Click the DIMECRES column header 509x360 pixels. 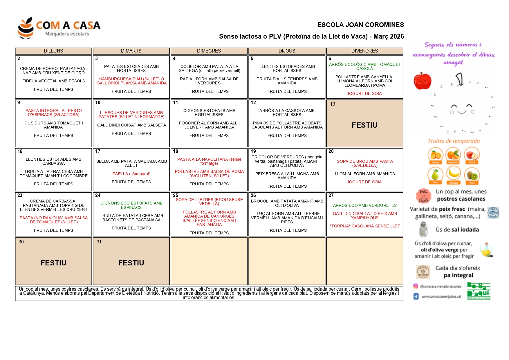point(209,51)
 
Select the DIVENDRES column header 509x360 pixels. point(364,51)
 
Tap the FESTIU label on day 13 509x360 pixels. point(364,125)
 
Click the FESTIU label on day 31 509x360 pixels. point(131,263)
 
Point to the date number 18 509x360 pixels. point(176,151)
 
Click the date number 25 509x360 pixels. point(176,195)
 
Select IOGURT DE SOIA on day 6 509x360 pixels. point(365,93)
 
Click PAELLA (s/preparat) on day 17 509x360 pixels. point(131,174)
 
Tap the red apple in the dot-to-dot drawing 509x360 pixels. point(422,81)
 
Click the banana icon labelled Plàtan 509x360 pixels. point(453,174)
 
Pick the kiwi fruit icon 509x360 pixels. point(472,175)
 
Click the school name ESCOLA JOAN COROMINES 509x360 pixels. point(360,25)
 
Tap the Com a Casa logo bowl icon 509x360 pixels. point(26,28)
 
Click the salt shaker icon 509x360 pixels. point(423,229)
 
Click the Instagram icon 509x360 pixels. point(416,286)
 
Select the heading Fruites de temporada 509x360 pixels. point(454,141)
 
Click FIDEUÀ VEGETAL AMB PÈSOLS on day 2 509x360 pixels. point(54,81)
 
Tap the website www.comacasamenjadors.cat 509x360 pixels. point(441,296)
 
